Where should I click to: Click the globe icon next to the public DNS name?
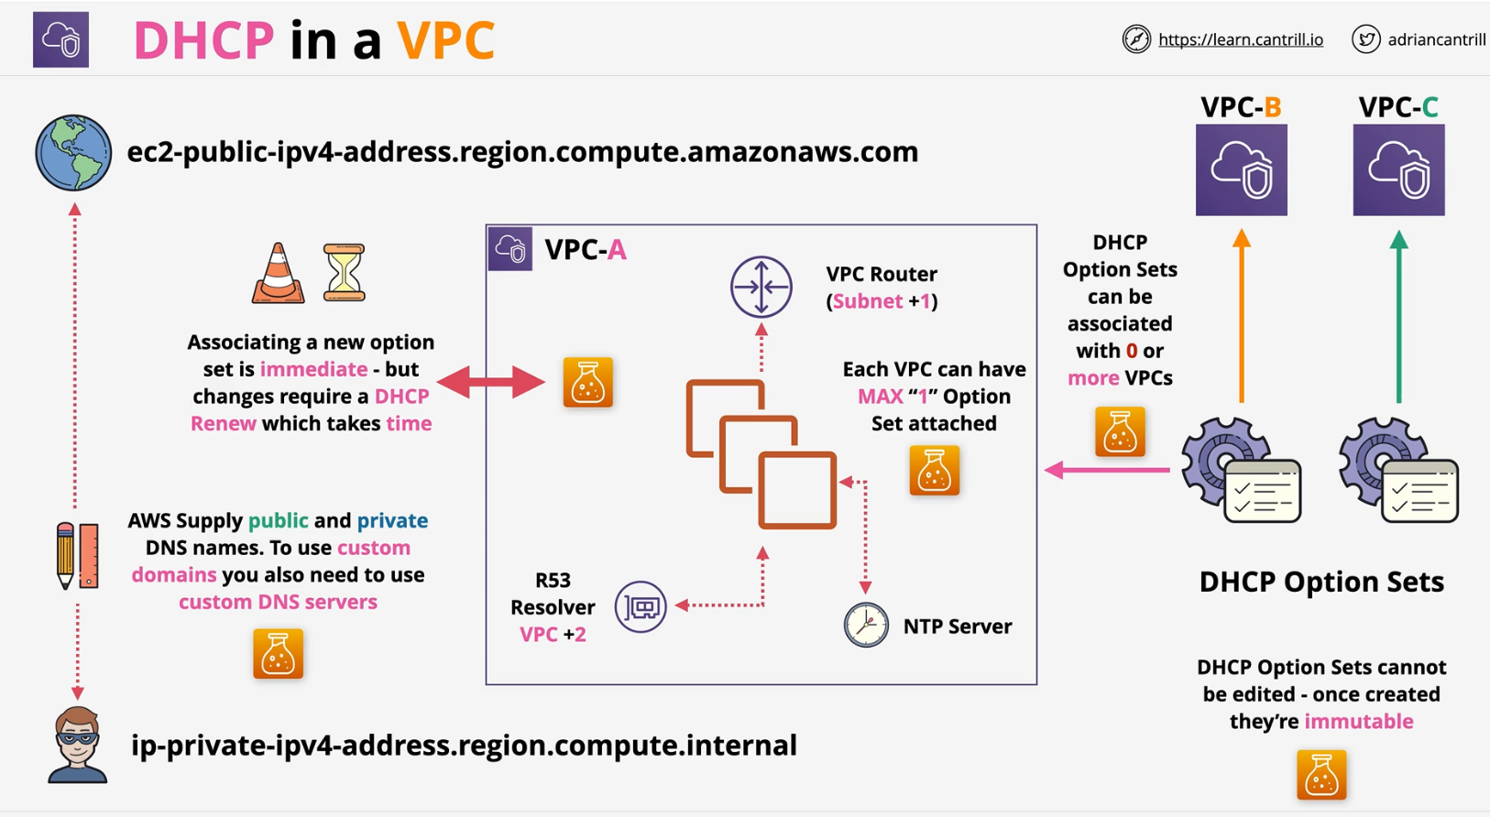[x=73, y=153]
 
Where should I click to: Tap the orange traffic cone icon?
[x=278, y=274]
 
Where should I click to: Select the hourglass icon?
[x=345, y=273]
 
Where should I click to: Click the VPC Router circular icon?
[x=761, y=287]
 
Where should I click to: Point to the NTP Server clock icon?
[x=866, y=626]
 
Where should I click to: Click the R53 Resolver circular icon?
[x=641, y=606]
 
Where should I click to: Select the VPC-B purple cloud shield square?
[x=1241, y=170]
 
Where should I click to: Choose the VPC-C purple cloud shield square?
[x=1398, y=170]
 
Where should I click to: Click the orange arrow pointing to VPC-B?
[x=1242, y=316]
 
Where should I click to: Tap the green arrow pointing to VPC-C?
[x=1398, y=316]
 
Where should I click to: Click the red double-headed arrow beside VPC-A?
[x=491, y=382]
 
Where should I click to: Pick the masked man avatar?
[x=77, y=744]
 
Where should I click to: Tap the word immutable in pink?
[x=1358, y=722]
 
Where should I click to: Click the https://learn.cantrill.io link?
[x=1240, y=39]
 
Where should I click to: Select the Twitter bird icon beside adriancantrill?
[x=1365, y=39]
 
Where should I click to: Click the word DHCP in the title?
[x=203, y=41]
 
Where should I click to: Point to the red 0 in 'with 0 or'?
[x=1132, y=351]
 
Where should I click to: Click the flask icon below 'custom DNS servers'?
[x=278, y=654]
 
